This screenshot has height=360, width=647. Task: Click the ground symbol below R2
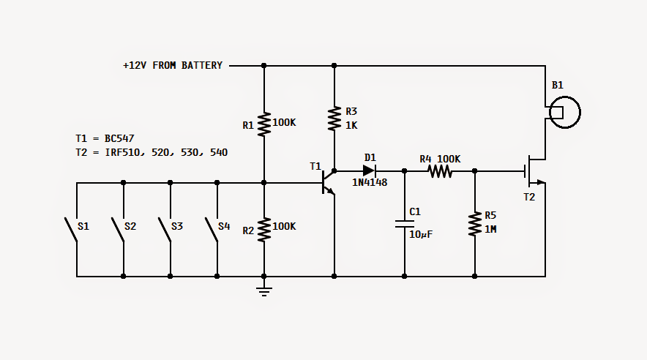(264, 291)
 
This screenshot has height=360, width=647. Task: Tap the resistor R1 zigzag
(264, 124)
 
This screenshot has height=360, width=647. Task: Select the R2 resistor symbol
(264, 229)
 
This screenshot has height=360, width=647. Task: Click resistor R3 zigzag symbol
(334, 119)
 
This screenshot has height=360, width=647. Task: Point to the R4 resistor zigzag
(440, 170)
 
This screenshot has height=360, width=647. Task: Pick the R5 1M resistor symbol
(475, 224)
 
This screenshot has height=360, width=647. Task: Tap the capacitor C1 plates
(404, 224)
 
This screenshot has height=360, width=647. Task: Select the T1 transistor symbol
(329, 182)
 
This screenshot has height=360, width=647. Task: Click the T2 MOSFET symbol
(535, 170)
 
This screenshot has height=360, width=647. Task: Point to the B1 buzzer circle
(565, 112)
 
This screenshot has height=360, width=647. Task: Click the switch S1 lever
(71, 230)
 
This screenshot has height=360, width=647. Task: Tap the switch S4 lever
(212, 230)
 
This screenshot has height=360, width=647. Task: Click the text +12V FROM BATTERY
(173, 66)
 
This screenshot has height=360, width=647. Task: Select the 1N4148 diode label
(370, 182)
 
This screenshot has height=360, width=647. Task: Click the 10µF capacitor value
(421, 234)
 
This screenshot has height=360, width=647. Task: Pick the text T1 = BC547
(105, 138)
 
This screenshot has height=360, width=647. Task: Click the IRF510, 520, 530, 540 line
(166, 153)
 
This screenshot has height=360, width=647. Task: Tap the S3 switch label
(177, 226)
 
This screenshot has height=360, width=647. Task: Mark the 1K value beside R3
(351, 125)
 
